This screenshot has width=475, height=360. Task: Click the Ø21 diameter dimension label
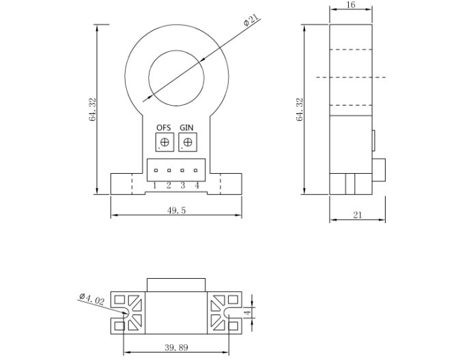tap(251, 20)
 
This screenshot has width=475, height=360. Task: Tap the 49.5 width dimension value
tap(176, 210)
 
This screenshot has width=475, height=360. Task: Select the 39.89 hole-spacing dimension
tap(176, 348)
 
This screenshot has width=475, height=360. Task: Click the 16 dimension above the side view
tap(351, 5)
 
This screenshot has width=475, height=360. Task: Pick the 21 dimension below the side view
tap(358, 215)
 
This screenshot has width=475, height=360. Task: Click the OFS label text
tap(164, 127)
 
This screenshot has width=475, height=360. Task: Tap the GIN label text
tap(186, 127)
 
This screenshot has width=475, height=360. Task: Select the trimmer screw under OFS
tap(164, 142)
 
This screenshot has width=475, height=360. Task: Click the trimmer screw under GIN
tap(188, 142)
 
